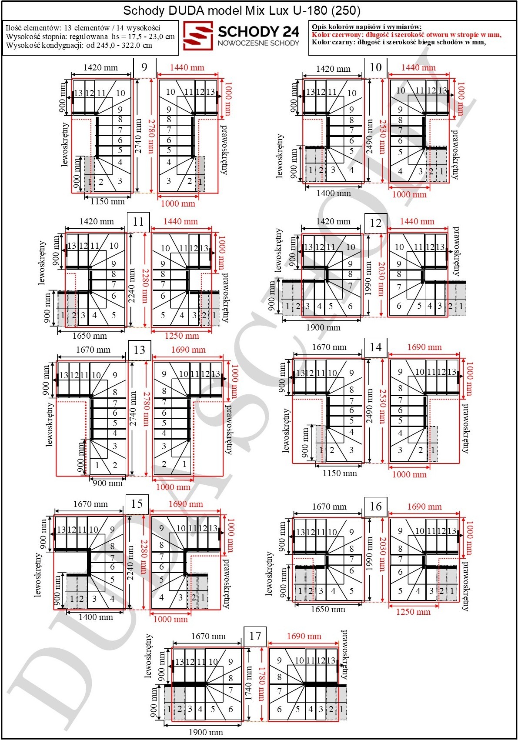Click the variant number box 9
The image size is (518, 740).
[x=144, y=68]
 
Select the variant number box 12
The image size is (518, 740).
[x=375, y=223]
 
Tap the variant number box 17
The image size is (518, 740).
[x=255, y=636]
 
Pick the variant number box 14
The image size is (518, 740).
[x=375, y=347]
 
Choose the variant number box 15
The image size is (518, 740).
[x=137, y=504]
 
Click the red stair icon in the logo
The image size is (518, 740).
[x=198, y=36]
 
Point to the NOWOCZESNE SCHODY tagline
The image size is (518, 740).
[x=258, y=43]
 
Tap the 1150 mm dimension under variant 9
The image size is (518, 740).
[x=108, y=201]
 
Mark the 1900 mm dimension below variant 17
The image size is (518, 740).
[x=206, y=732]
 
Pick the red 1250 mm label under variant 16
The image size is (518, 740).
[x=413, y=612]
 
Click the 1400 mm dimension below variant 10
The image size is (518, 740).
[x=334, y=193]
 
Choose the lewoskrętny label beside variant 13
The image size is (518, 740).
[x=50, y=424]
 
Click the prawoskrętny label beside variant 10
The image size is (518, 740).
[x=455, y=154]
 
